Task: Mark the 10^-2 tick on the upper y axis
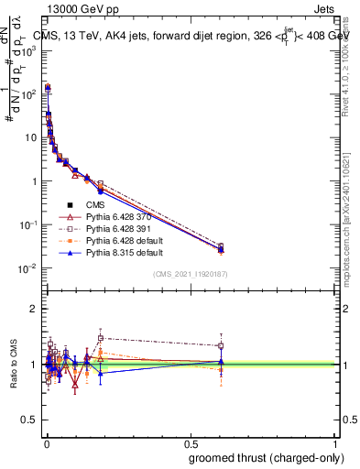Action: [29, 268]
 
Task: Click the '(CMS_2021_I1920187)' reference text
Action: [190, 274]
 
